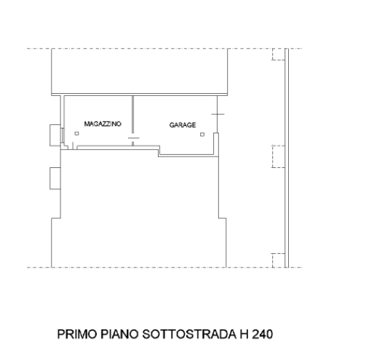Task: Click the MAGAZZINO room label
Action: (103, 124)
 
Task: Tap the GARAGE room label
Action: (183, 125)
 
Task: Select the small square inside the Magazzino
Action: (76, 134)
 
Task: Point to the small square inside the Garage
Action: (202, 135)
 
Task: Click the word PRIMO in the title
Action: (77, 334)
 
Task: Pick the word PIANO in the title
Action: (119, 334)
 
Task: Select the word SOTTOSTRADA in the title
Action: (189, 334)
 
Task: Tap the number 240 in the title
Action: (263, 334)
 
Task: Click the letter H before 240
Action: (244, 334)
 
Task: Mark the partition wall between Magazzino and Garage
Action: (132, 114)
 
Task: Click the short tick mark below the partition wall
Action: (134, 138)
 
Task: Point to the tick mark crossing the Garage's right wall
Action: (218, 114)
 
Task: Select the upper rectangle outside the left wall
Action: (55, 135)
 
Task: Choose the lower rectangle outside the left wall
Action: (55, 178)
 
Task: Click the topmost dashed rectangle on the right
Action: (279, 54)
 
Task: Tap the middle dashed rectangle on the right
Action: (279, 156)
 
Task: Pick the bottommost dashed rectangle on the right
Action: (279, 260)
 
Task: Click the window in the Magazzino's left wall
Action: (63, 135)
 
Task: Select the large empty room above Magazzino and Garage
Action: (140, 71)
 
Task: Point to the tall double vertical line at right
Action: (287, 158)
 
